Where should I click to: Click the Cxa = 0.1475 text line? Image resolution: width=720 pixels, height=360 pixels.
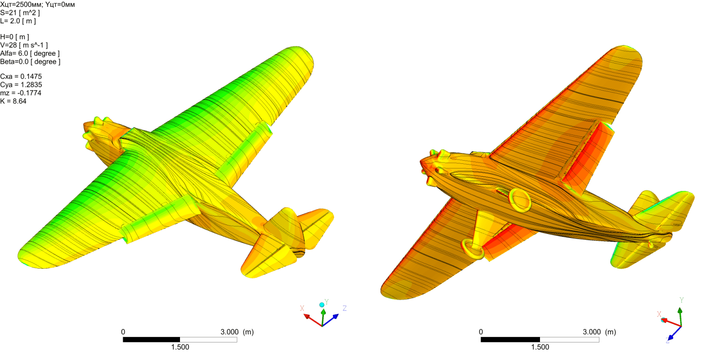tap(21, 76)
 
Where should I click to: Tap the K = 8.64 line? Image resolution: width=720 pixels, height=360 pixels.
tap(13, 101)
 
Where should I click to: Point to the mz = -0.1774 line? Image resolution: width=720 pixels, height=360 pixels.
tap(21, 93)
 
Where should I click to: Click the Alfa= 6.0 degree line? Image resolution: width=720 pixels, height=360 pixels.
tap(30, 54)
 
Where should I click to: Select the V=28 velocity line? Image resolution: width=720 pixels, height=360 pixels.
tap(23, 45)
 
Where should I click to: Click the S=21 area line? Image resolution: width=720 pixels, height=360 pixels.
tap(20, 13)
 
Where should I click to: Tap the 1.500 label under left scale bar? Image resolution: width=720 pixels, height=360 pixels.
tap(180, 347)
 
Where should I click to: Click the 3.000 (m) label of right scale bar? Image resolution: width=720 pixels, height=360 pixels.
tap(599, 332)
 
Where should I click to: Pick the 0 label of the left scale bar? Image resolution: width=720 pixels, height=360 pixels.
tap(123, 332)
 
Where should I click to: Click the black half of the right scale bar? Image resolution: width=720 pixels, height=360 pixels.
tap(510, 339)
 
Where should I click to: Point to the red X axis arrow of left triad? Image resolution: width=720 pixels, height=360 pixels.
tap(310, 318)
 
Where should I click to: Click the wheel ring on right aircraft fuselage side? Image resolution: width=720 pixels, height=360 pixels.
tap(520, 200)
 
